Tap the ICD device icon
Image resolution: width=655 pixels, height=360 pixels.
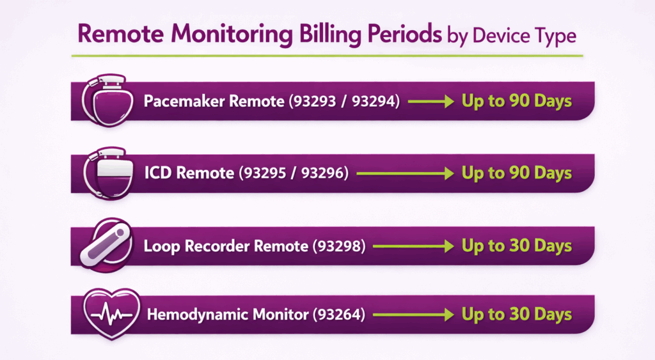(107, 173)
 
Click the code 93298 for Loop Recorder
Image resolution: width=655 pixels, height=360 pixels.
(338, 246)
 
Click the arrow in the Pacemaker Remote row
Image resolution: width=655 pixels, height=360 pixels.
(430, 101)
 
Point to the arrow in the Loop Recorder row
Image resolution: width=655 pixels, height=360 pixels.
(412, 246)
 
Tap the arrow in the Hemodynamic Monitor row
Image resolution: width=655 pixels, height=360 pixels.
(412, 315)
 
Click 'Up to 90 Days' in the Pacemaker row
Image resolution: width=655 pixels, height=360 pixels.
(516, 101)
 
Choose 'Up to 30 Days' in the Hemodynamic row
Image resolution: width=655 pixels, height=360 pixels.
(516, 315)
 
